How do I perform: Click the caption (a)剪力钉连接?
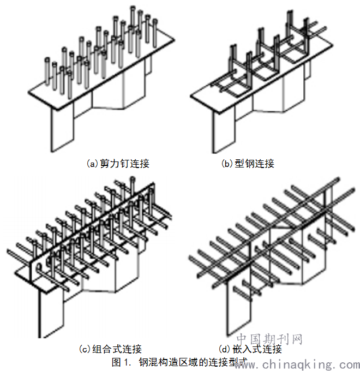(118, 163)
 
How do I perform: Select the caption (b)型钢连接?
(247, 163)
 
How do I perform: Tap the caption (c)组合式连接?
(111, 349)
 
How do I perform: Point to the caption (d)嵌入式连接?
(250, 349)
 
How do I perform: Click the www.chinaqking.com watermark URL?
(297, 364)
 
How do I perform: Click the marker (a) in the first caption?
(93, 163)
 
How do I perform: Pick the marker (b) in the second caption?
(227, 163)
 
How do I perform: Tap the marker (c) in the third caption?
(86, 349)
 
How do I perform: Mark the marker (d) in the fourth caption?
(224, 349)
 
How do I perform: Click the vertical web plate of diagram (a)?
(61, 131)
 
